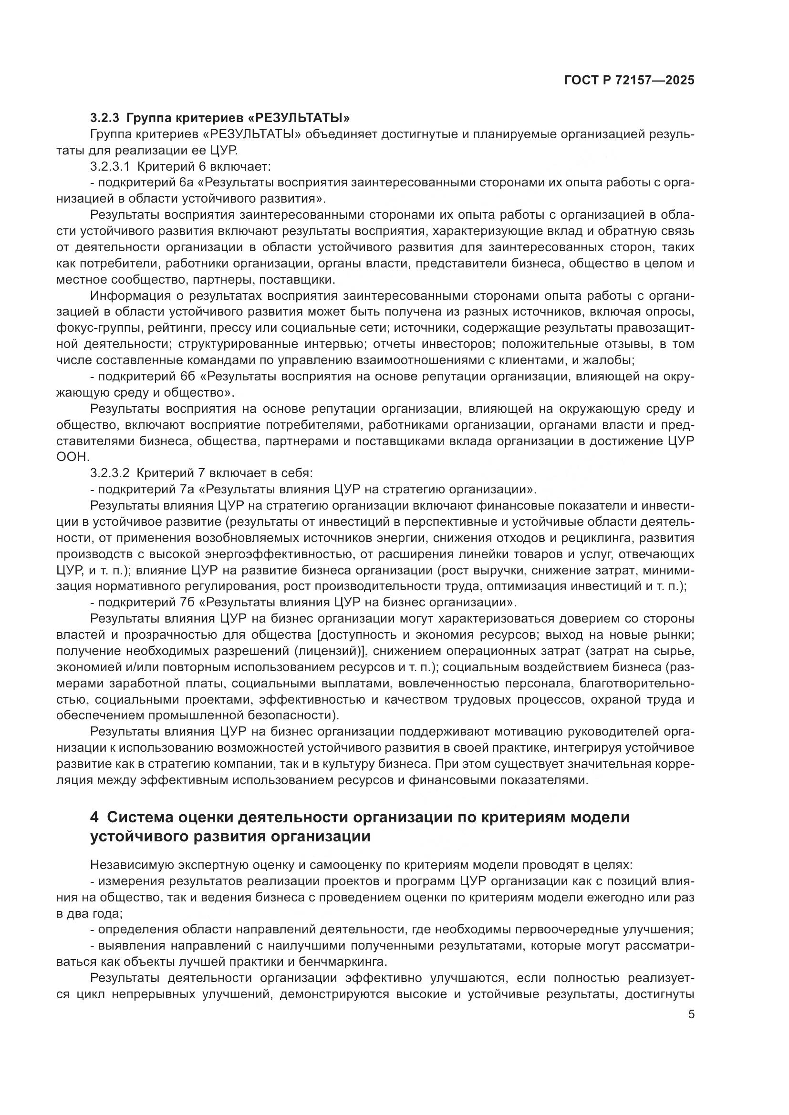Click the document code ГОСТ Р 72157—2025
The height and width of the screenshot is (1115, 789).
click(x=629, y=81)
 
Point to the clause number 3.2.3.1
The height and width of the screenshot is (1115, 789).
click(x=110, y=166)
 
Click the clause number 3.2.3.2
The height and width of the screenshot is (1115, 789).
click(x=110, y=472)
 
